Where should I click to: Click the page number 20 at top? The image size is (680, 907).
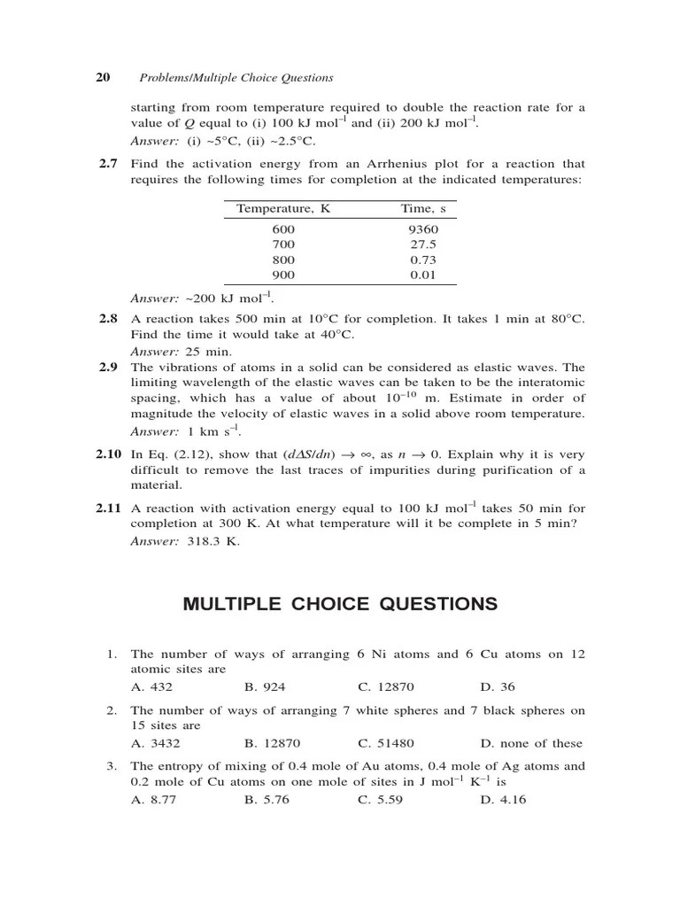103,78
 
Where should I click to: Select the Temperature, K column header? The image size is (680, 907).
283,209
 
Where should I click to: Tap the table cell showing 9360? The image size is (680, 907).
423,229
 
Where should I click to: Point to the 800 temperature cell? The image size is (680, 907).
283,260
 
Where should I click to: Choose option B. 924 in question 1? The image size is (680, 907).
265,686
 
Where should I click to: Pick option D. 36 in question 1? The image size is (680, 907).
498,686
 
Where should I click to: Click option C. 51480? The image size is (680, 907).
386,743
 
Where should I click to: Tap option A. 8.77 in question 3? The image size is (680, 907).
151,799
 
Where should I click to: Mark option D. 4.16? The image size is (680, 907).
503,799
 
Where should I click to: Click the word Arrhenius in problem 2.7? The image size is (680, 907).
385,164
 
